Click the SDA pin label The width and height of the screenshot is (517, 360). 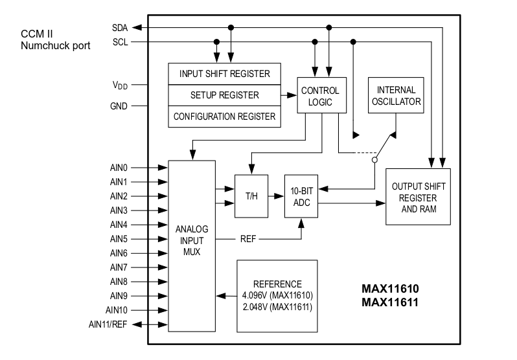click(x=120, y=28)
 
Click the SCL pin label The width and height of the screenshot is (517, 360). click(x=120, y=42)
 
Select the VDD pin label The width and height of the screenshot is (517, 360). click(x=120, y=85)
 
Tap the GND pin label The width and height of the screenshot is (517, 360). click(x=119, y=106)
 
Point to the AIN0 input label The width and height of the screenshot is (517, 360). click(x=119, y=168)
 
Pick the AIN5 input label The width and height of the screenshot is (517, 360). click(x=119, y=239)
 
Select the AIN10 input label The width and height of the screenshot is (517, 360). click(x=117, y=310)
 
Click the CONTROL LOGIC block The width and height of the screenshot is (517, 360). click(x=320, y=96)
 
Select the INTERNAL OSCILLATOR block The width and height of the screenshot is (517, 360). click(x=396, y=96)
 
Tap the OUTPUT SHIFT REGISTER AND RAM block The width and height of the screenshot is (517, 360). click(x=418, y=197)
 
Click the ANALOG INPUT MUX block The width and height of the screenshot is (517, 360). click(x=191, y=240)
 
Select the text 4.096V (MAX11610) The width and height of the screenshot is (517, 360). click(x=277, y=296)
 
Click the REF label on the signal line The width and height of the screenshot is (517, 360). click(x=248, y=238)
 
